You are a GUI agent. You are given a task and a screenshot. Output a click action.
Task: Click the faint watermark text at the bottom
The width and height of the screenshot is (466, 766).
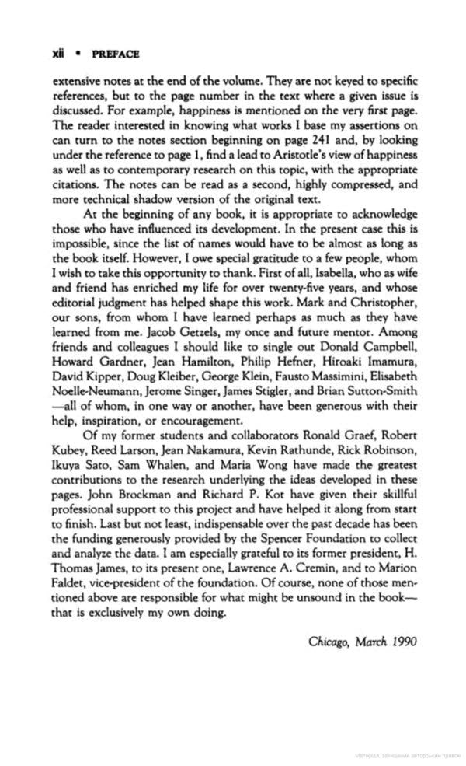coord(405,754)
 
